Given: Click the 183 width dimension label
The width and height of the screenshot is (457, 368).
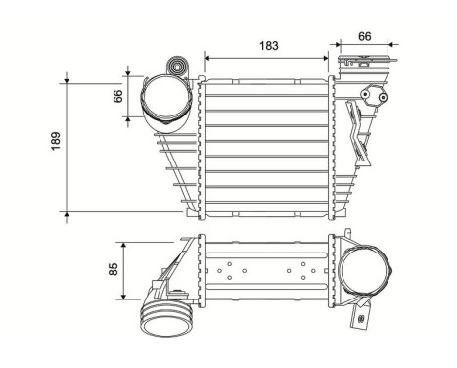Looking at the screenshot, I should point(266,45).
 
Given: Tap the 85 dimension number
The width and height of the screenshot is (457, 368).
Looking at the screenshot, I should point(114,267).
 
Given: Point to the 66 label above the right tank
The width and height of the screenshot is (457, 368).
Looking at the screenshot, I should point(363,36).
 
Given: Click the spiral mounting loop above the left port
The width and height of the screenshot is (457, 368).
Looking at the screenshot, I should point(178,68).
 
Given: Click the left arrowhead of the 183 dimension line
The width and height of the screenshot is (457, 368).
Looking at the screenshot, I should point(206,56).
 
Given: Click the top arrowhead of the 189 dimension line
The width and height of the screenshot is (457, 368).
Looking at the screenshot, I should point(68,75).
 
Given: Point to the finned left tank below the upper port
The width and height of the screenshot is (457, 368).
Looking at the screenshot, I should point(175,166).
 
